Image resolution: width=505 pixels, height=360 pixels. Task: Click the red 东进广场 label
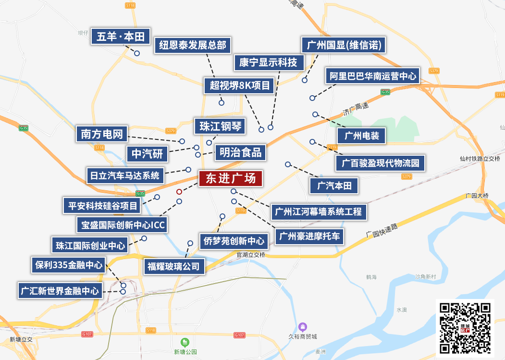[x=231, y=179]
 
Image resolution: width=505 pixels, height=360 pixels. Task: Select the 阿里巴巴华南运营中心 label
[x=372, y=76]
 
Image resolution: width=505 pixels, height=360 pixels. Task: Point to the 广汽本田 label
[x=334, y=186]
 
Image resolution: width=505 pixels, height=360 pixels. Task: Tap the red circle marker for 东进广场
[x=179, y=192]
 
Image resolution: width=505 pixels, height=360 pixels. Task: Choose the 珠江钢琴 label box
[x=220, y=126]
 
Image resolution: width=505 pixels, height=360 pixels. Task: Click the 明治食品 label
[x=240, y=152]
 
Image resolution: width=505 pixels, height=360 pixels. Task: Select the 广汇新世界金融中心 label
[x=60, y=290]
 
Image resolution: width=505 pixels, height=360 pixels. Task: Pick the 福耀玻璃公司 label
[x=173, y=266]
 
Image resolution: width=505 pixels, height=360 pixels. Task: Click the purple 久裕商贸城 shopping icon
[x=302, y=327]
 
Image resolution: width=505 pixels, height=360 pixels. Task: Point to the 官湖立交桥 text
[x=251, y=255]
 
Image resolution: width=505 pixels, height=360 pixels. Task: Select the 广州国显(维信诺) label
[x=344, y=46]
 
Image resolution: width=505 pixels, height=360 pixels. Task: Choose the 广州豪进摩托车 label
[x=309, y=236]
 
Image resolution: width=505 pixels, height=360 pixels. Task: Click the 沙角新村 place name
[x=425, y=277]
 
